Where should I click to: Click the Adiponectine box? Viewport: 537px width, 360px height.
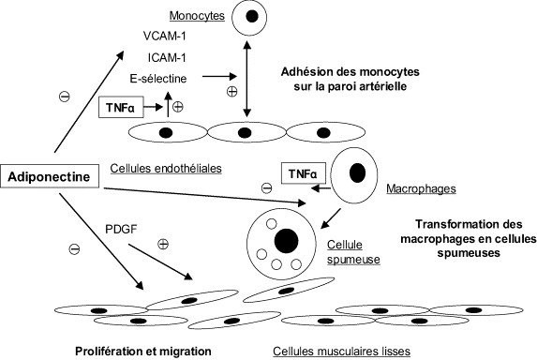click(50, 176)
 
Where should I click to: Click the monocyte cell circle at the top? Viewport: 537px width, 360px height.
click(246, 17)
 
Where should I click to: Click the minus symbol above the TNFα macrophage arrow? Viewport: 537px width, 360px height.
click(266, 187)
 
